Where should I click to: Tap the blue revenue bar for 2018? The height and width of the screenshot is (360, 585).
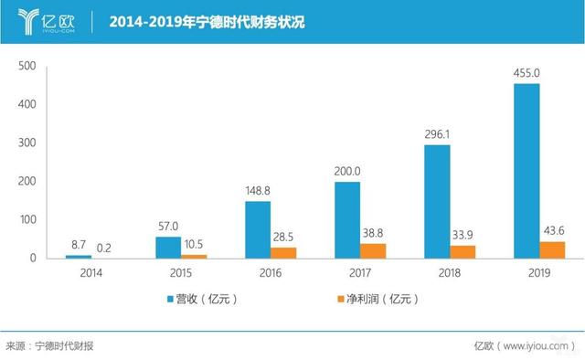pos(437,201)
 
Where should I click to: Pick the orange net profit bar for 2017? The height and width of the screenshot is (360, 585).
pos(374,250)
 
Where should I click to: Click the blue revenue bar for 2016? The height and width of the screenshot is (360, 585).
pos(259,229)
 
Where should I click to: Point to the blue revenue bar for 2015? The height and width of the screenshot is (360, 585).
pos(169,248)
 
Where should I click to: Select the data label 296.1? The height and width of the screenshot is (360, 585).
pos(438,134)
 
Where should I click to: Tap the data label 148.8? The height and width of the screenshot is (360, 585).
pos(259,191)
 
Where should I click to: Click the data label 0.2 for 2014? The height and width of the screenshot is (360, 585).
pos(105,248)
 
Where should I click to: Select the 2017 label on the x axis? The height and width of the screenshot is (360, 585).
pos(360,273)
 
